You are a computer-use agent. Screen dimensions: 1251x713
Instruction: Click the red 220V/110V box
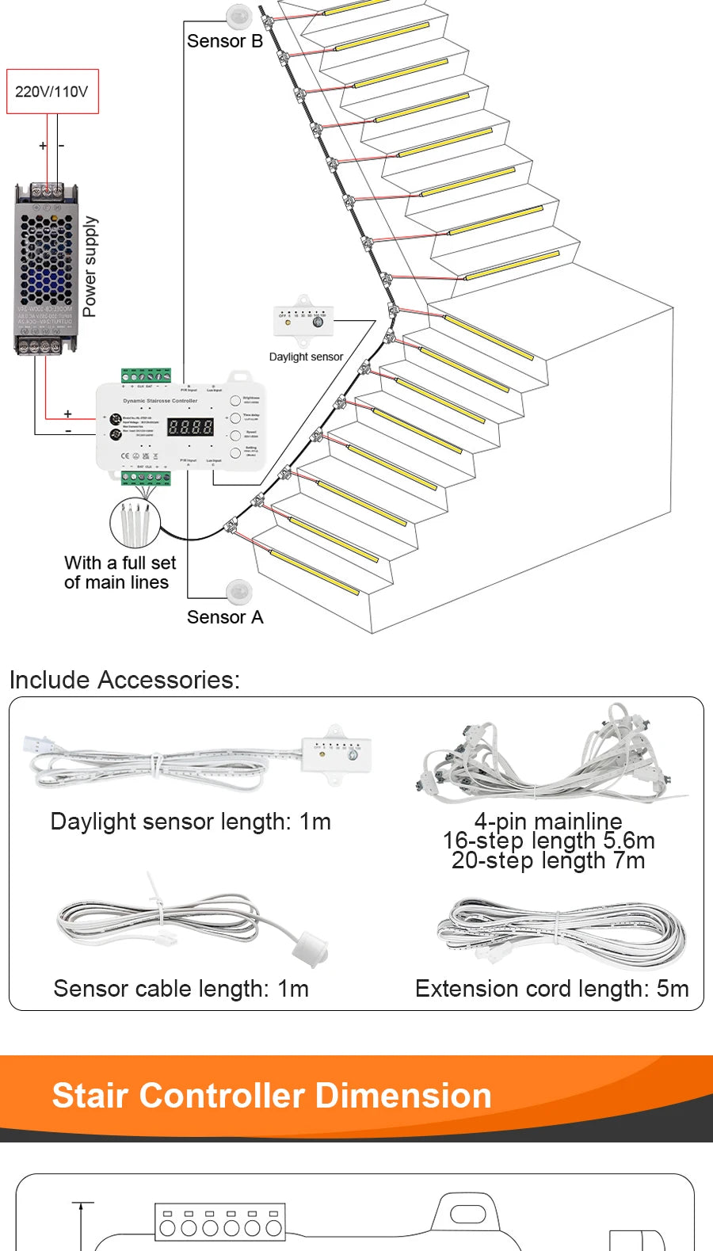point(52,91)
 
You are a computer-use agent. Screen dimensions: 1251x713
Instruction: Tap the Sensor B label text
point(224,41)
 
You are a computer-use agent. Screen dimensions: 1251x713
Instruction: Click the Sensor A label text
point(224,617)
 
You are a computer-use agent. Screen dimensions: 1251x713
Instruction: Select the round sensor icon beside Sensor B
point(238,15)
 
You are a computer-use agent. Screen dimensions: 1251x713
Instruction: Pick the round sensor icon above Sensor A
point(238,590)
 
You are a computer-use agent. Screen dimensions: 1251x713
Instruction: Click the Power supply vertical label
point(90,266)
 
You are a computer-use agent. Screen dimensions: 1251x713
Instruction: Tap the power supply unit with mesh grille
point(46,269)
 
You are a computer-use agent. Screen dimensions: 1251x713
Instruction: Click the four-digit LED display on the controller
point(190,427)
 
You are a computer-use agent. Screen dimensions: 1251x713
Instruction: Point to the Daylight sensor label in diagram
point(306,357)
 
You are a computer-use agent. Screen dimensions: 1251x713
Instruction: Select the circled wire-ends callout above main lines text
point(135,523)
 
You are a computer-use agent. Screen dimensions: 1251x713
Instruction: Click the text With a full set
point(120,563)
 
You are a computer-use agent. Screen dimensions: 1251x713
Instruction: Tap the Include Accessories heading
point(124,680)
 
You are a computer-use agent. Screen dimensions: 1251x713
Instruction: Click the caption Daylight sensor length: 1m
point(190,822)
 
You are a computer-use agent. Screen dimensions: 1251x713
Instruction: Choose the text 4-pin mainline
point(548,821)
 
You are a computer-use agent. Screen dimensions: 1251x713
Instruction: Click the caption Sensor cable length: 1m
point(181,989)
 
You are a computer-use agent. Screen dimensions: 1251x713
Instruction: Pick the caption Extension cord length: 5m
point(551,989)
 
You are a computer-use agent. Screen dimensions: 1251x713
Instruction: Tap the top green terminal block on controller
point(147,376)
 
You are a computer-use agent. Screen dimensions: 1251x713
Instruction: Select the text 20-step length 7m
point(548,860)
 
